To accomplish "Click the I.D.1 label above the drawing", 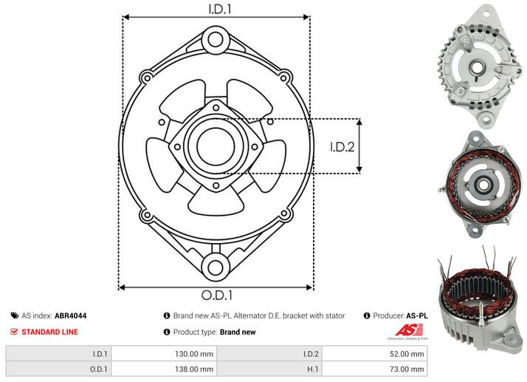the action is click(x=220, y=9).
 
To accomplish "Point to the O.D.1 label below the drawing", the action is click(x=217, y=295).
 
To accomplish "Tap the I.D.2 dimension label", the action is click(x=342, y=147).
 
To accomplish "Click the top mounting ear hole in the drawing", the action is click(x=216, y=39).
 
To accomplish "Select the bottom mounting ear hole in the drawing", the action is click(x=216, y=267).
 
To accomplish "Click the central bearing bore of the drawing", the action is click(x=216, y=146).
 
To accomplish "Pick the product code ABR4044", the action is click(x=71, y=316).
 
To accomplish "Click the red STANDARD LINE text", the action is click(x=49, y=332).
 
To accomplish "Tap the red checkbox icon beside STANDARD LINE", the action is click(x=14, y=332).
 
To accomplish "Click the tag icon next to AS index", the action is click(x=15, y=316).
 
